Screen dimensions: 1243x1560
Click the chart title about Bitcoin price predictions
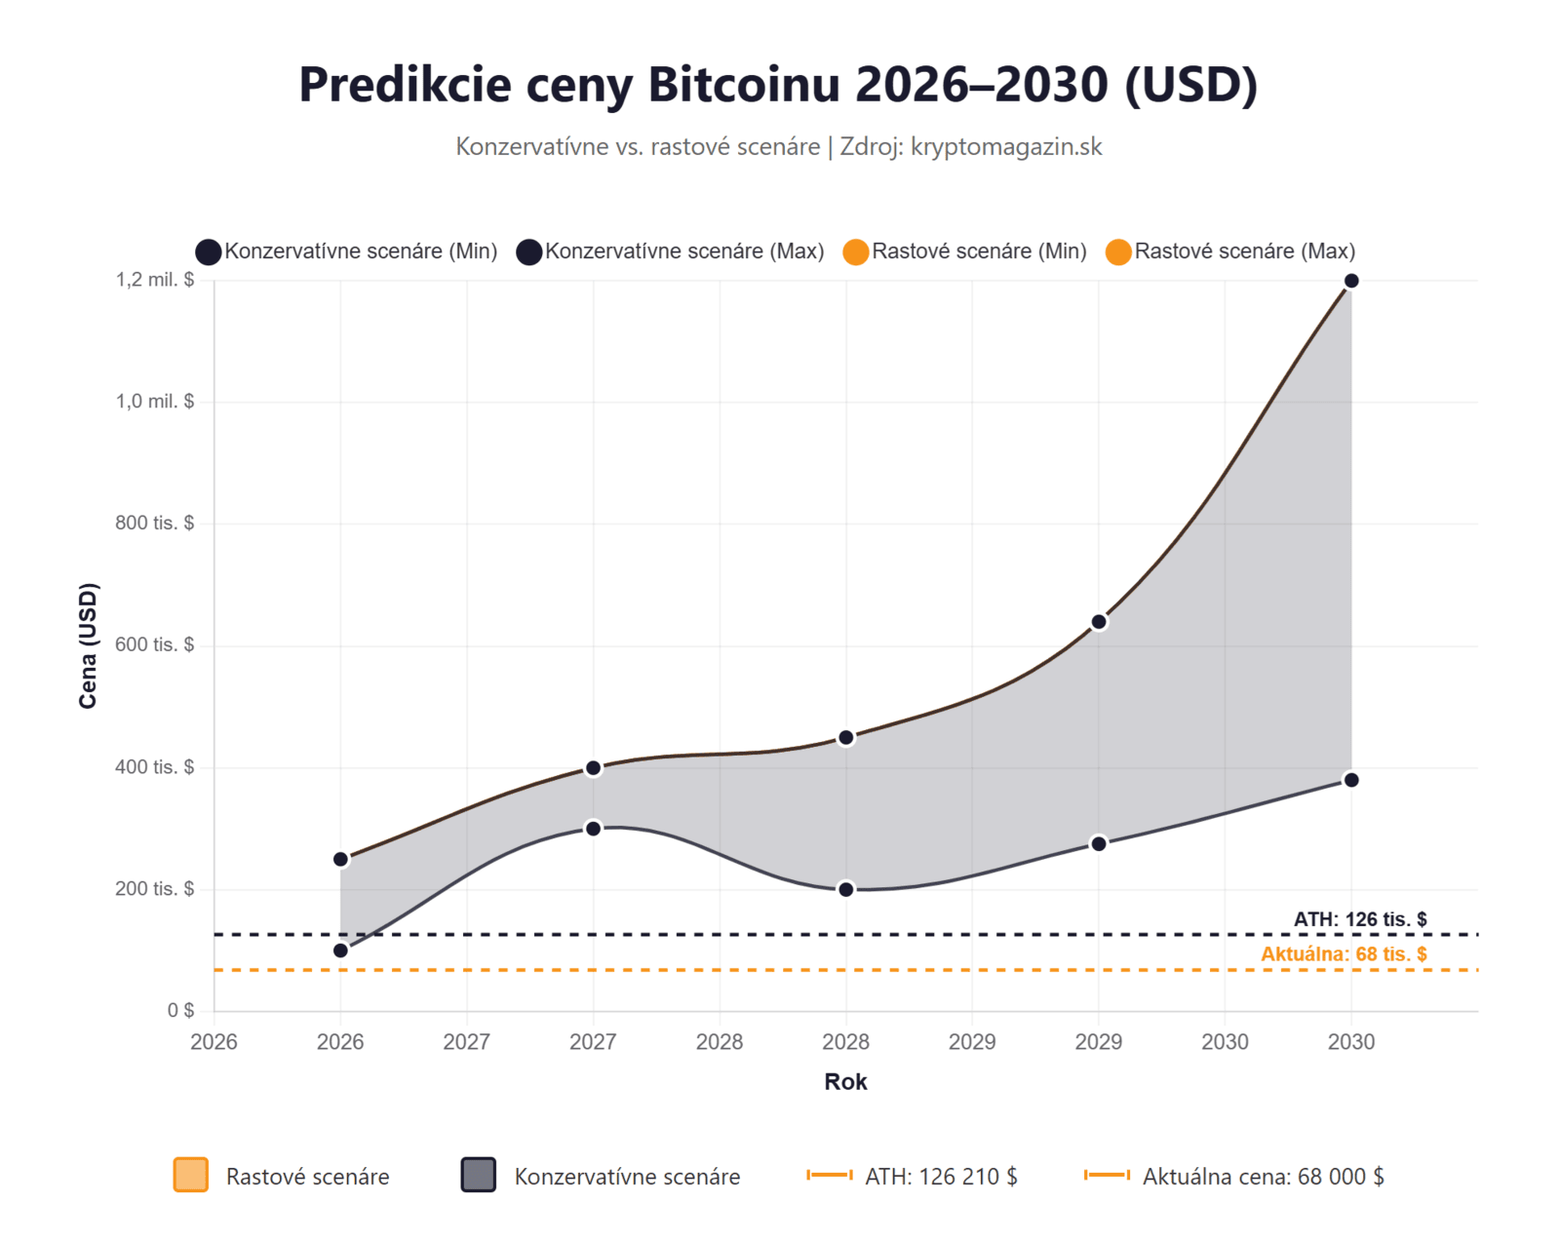pos(778,84)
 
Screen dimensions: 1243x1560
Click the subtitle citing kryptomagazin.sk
pos(778,146)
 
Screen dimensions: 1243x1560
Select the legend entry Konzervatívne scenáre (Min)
pos(347,252)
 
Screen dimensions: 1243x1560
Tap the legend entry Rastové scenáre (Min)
pos(966,252)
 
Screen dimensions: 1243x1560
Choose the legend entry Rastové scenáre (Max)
pos(1230,252)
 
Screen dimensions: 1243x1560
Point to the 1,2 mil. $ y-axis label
pos(155,280)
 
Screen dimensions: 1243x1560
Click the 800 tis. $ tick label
pos(155,523)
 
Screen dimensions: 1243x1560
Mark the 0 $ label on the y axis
pos(180,1010)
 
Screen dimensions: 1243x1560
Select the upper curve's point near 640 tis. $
pos(1099,622)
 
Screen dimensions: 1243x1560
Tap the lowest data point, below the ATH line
pos(340,951)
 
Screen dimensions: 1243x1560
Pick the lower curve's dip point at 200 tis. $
pos(846,889)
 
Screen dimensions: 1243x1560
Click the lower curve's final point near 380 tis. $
pos(1351,780)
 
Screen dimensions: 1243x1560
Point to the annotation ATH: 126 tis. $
pos(1360,919)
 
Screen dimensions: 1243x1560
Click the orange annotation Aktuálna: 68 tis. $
pos(1344,954)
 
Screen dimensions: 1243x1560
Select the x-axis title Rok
pos(845,1081)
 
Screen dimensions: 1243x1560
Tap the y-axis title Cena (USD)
pos(88,645)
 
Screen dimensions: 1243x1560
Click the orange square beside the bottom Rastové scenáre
pos(191,1175)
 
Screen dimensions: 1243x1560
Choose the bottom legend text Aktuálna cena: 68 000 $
pos(1263,1177)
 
